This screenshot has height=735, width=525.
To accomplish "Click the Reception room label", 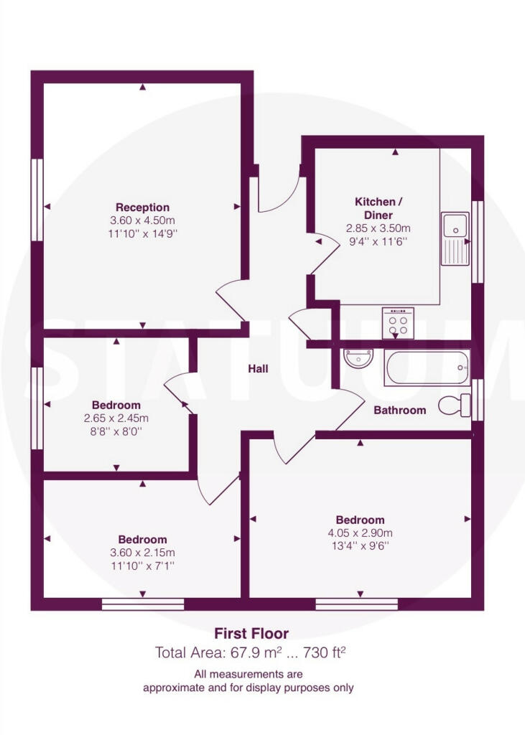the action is pyautogui.click(x=143, y=207).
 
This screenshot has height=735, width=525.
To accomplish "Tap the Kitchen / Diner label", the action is pyautogui.click(x=378, y=209).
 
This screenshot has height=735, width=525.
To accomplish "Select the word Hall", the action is pyautogui.click(x=258, y=369).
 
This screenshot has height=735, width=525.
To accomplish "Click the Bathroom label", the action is pyautogui.click(x=400, y=410).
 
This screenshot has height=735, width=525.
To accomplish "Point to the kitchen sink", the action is pyautogui.click(x=455, y=238).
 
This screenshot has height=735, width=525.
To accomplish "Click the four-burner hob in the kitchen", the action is pyautogui.click(x=398, y=323).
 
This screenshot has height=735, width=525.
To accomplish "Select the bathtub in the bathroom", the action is pyautogui.click(x=427, y=367).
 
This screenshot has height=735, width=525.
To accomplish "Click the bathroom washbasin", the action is pyautogui.click(x=358, y=359).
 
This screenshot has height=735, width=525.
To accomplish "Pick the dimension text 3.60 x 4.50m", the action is pyautogui.click(x=143, y=220).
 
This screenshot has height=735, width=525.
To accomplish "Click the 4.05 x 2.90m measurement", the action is pyautogui.click(x=361, y=533).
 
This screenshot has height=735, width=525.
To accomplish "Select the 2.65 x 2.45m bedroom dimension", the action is pyautogui.click(x=116, y=418).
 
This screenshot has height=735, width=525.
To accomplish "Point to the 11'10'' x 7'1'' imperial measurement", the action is pyautogui.click(x=143, y=566).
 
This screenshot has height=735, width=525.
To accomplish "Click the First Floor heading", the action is pyautogui.click(x=251, y=634).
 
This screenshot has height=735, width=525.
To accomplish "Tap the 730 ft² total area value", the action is pyautogui.click(x=325, y=652).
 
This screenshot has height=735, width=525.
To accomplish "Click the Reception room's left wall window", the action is pyautogui.click(x=37, y=200).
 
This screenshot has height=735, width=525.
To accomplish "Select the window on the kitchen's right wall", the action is pyautogui.click(x=478, y=242).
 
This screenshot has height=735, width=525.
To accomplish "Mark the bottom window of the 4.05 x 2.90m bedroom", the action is pyautogui.click(x=356, y=604).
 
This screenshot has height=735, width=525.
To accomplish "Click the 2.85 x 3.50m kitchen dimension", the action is pyautogui.click(x=378, y=228).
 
